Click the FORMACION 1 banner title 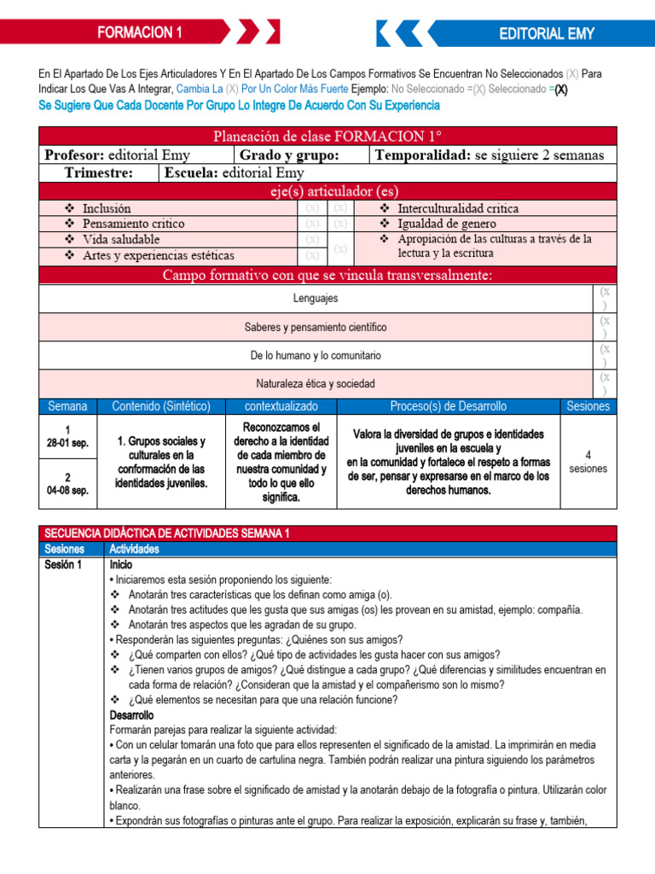point(140,33)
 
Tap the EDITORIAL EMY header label point(547,33)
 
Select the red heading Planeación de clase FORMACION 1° point(327,137)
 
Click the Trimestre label point(98,172)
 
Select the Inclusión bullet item point(107,208)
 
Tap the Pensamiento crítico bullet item point(133,224)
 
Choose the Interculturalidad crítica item point(458,208)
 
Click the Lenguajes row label point(316,299)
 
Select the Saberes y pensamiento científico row point(316,327)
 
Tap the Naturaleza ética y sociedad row point(316,383)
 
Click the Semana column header point(67,406)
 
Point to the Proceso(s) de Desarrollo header point(448,406)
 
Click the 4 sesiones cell point(588,462)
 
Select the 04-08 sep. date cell point(67,491)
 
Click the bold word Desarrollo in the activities point(131,714)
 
